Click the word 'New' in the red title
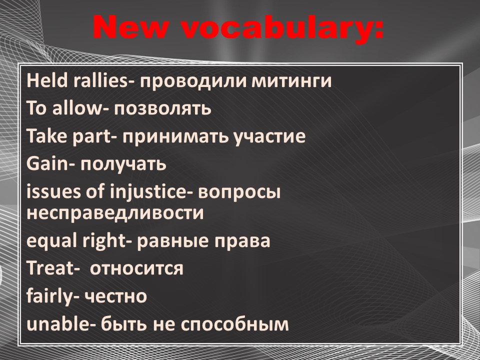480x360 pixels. (130, 27)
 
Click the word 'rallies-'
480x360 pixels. (103, 80)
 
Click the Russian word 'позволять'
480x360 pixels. (162, 109)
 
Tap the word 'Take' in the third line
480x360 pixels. (47, 135)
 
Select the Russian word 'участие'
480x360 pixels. (269, 137)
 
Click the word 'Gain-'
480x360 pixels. (50, 163)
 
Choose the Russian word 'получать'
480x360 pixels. (123, 164)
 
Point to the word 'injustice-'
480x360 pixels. (148, 191)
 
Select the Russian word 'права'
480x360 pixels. (242, 241)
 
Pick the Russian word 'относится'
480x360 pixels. (136, 269)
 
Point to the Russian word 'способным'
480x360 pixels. (235, 325)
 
